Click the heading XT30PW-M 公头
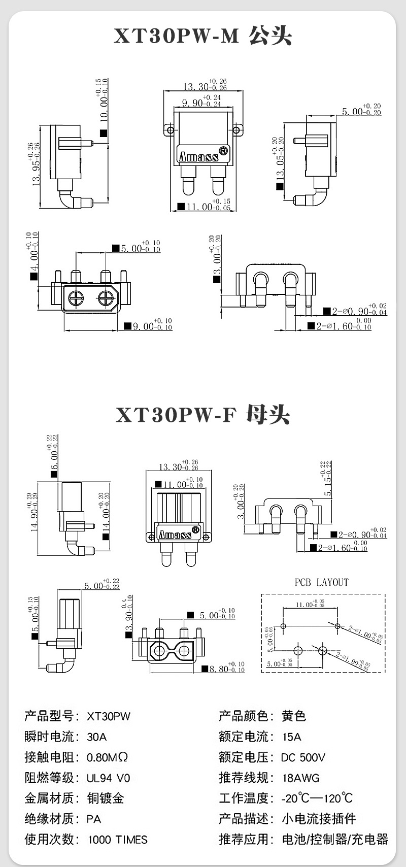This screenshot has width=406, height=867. pos(202,37)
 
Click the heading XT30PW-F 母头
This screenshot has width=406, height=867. pos(202,415)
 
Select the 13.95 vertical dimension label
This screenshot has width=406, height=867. pos(36,165)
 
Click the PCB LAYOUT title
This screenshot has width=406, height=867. pos(322,582)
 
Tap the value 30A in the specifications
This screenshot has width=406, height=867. pos(97,737)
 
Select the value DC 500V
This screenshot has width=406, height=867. pos(303,757)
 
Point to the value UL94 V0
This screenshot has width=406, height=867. pos(108,778)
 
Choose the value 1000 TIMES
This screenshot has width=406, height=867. pos(118,840)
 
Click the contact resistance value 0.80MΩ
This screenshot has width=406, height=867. pos(107,757)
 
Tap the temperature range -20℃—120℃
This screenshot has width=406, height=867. pos(317,798)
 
